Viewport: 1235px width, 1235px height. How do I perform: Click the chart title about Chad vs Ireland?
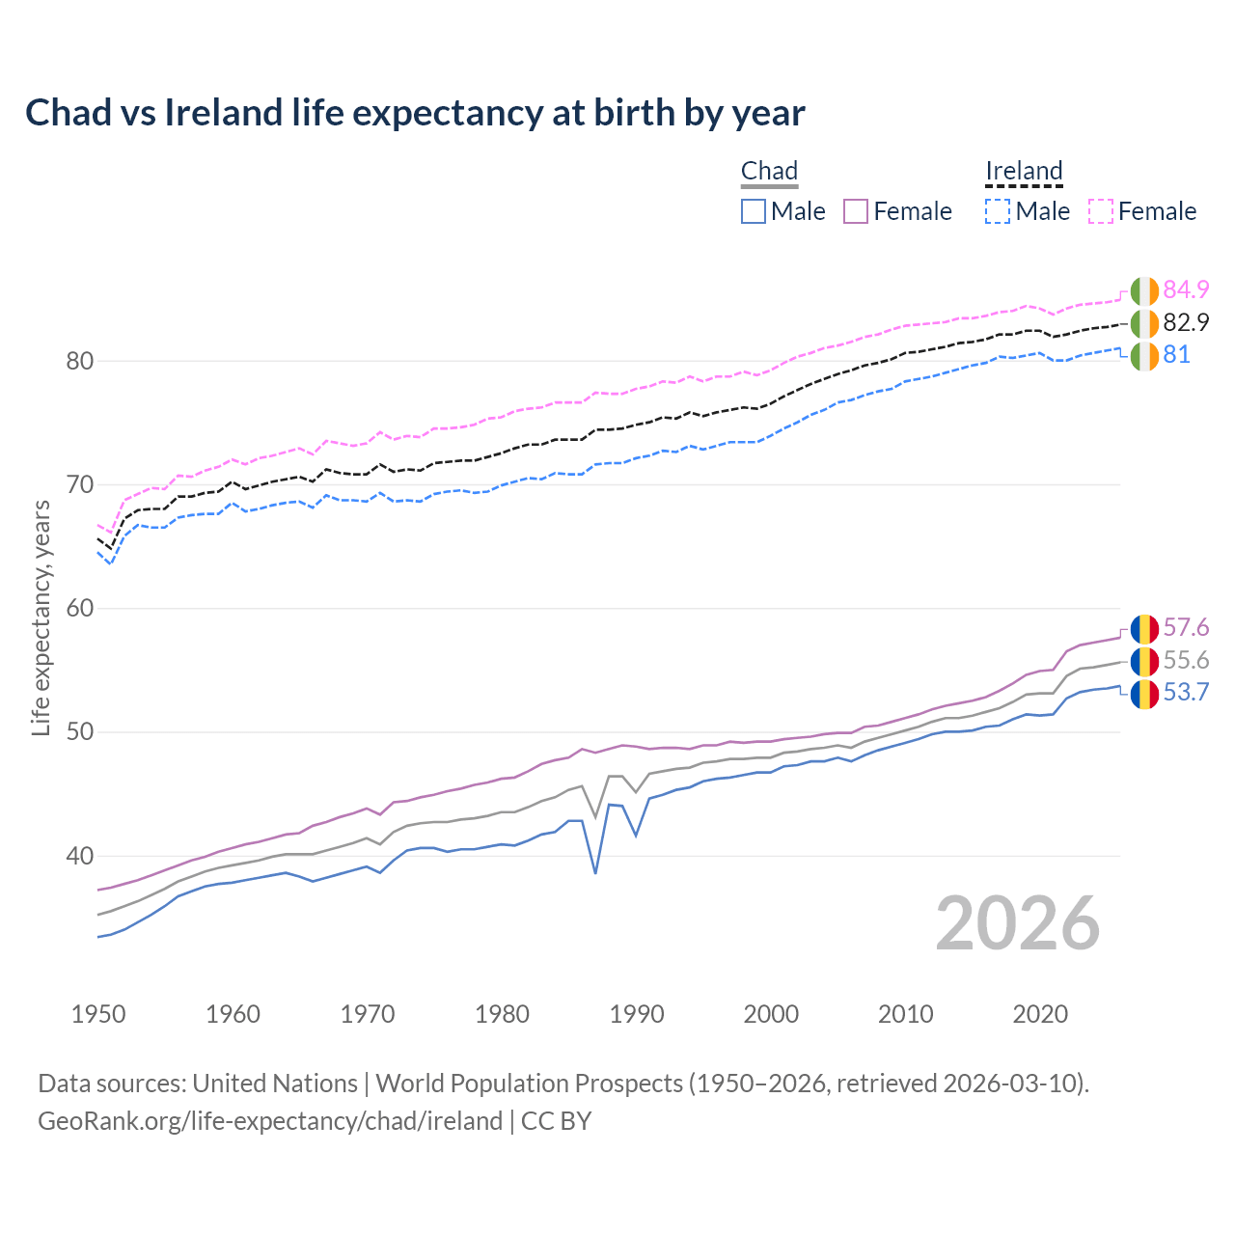(415, 113)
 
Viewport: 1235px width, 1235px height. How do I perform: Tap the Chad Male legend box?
(754, 211)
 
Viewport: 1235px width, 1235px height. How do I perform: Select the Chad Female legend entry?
(897, 211)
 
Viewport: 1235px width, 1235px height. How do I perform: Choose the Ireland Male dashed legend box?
(998, 211)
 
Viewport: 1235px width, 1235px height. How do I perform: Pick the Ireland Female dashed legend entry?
(1142, 211)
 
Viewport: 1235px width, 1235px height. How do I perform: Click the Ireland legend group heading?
(1024, 172)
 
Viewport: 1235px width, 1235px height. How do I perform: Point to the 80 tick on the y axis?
(80, 362)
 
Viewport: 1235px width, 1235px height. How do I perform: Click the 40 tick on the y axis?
(80, 856)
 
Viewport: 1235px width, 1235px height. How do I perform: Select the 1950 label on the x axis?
(98, 1014)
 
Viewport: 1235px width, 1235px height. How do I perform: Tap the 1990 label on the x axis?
(637, 1014)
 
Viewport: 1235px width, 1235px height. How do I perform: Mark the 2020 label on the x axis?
(1040, 1014)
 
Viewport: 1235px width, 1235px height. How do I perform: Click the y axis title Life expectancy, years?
(41, 617)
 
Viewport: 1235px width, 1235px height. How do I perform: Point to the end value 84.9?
(1186, 289)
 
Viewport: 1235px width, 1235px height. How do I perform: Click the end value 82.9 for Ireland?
(1186, 322)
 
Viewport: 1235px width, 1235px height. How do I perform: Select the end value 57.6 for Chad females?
(1186, 628)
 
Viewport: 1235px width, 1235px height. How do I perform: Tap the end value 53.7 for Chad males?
(1186, 693)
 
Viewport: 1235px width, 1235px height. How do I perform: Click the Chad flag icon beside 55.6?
(1144, 661)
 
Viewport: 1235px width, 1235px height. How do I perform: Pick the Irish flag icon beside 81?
(1144, 355)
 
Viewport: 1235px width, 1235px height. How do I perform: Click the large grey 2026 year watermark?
(1018, 923)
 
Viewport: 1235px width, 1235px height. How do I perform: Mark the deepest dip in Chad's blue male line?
(595, 872)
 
